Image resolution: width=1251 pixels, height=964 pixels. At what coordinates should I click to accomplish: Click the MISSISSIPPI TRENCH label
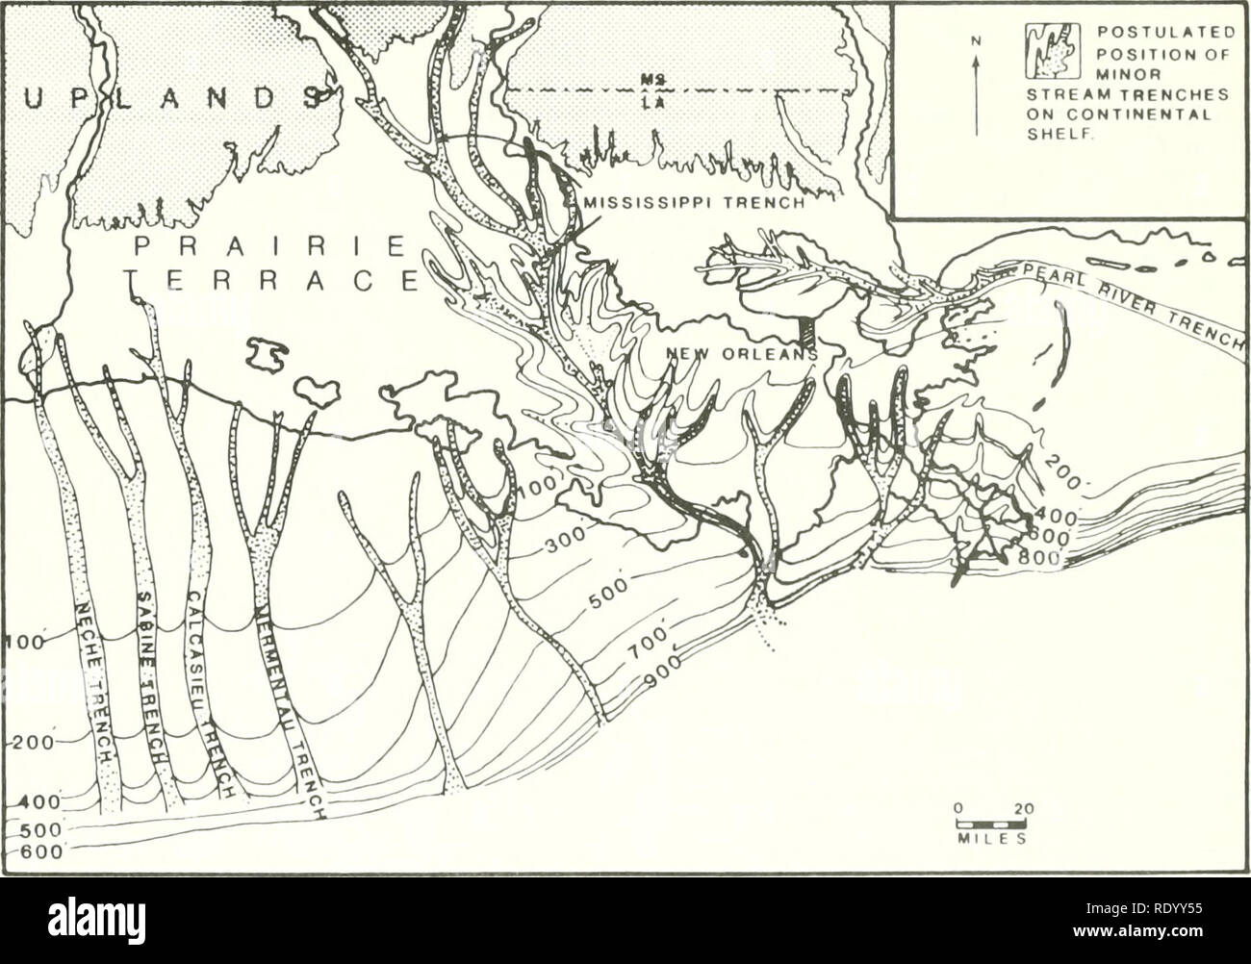[700, 203]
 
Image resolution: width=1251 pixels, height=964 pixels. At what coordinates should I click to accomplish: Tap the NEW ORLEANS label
[738, 354]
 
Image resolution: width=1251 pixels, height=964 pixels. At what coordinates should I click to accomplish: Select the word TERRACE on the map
[270, 284]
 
